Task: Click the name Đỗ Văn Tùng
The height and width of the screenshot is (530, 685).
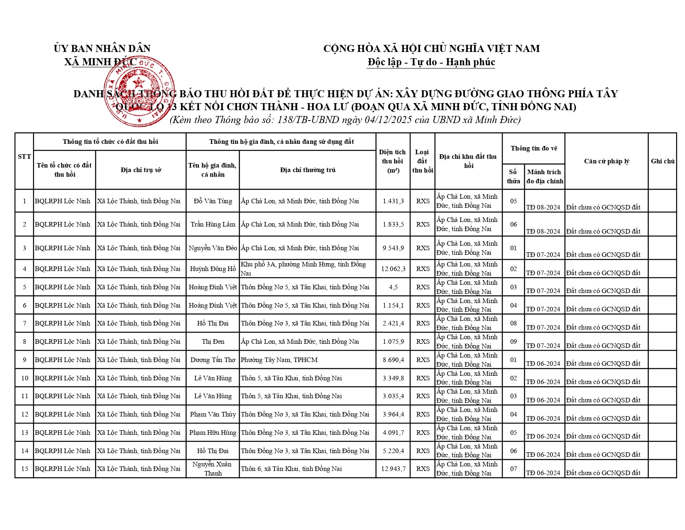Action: pos(213,201)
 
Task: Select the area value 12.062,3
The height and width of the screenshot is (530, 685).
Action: pos(393,269)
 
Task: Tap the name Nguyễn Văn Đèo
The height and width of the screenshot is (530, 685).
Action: pos(213,248)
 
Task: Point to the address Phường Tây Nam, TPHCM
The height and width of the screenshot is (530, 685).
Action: pos(279,360)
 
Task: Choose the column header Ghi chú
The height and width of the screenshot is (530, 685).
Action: pos(663,161)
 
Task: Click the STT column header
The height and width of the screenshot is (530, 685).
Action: pos(24,157)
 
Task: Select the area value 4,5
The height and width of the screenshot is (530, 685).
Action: pos(393,287)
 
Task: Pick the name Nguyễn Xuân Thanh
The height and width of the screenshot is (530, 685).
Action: pos(213,469)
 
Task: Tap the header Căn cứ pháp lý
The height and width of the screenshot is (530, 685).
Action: pos(607,161)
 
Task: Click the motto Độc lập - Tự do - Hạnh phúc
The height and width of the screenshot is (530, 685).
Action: pos(431,62)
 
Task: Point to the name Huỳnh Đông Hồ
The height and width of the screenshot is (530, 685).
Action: pos(213,269)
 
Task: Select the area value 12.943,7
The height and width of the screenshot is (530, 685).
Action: pos(393,469)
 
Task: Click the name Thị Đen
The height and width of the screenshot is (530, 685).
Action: pos(213,342)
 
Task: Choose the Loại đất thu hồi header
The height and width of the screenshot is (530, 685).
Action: pos(423,161)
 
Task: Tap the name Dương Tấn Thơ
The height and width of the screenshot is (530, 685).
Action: pos(213,360)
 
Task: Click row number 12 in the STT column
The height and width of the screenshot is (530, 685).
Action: pos(24,414)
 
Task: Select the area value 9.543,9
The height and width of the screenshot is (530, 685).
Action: pos(393,248)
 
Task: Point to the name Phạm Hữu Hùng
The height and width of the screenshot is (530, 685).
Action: pos(213,433)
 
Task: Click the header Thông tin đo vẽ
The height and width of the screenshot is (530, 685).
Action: pos(534,148)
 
